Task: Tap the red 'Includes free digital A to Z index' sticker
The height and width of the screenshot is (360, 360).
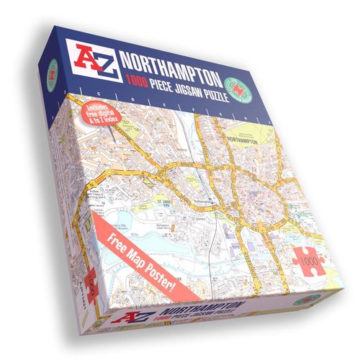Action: coord(103,116)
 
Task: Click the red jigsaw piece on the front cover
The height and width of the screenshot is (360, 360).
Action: coord(309,257)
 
